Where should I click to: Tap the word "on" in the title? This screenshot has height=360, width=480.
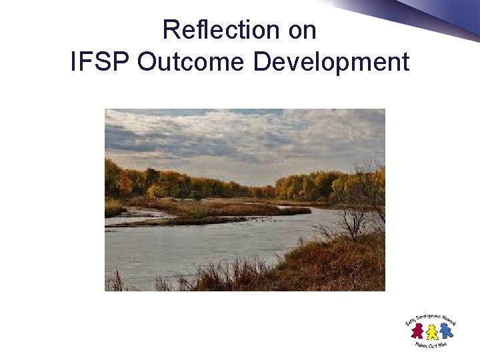301,31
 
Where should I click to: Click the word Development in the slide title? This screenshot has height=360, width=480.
331,62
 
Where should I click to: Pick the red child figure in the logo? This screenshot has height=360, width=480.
418,330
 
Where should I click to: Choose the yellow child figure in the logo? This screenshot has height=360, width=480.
432,331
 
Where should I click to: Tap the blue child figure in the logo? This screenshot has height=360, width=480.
445,330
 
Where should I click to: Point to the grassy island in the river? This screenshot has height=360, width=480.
220,209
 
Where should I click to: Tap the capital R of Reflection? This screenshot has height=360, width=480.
170,31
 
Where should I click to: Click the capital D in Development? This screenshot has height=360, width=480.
262,62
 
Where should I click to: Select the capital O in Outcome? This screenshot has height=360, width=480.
147,62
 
